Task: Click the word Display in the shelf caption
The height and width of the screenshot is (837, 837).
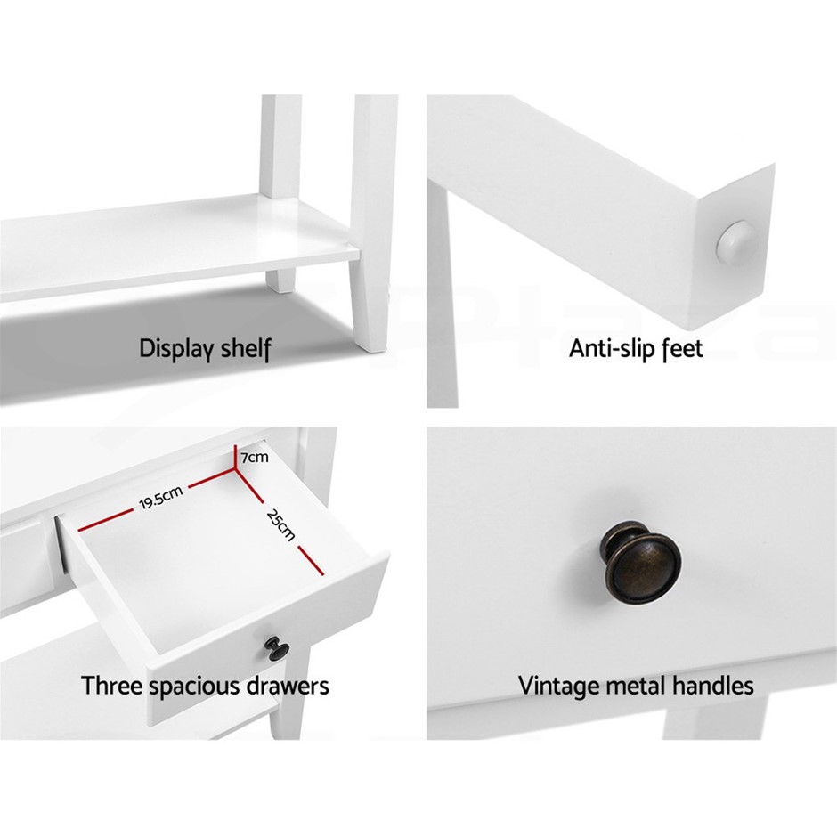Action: click(x=171, y=348)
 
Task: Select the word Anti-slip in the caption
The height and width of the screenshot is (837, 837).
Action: click(x=610, y=348)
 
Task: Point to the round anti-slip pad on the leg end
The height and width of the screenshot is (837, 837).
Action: click(x=737, y=241)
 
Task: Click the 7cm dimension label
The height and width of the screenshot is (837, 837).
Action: click(x=255, y=458)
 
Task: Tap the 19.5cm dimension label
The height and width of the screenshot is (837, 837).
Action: click(x=160, y=498)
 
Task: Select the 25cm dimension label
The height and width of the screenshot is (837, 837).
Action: click(x=280, y=524)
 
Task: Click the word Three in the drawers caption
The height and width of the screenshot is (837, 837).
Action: click(x=111, y=686)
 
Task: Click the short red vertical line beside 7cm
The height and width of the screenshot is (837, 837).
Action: click(x=236, y=458)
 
